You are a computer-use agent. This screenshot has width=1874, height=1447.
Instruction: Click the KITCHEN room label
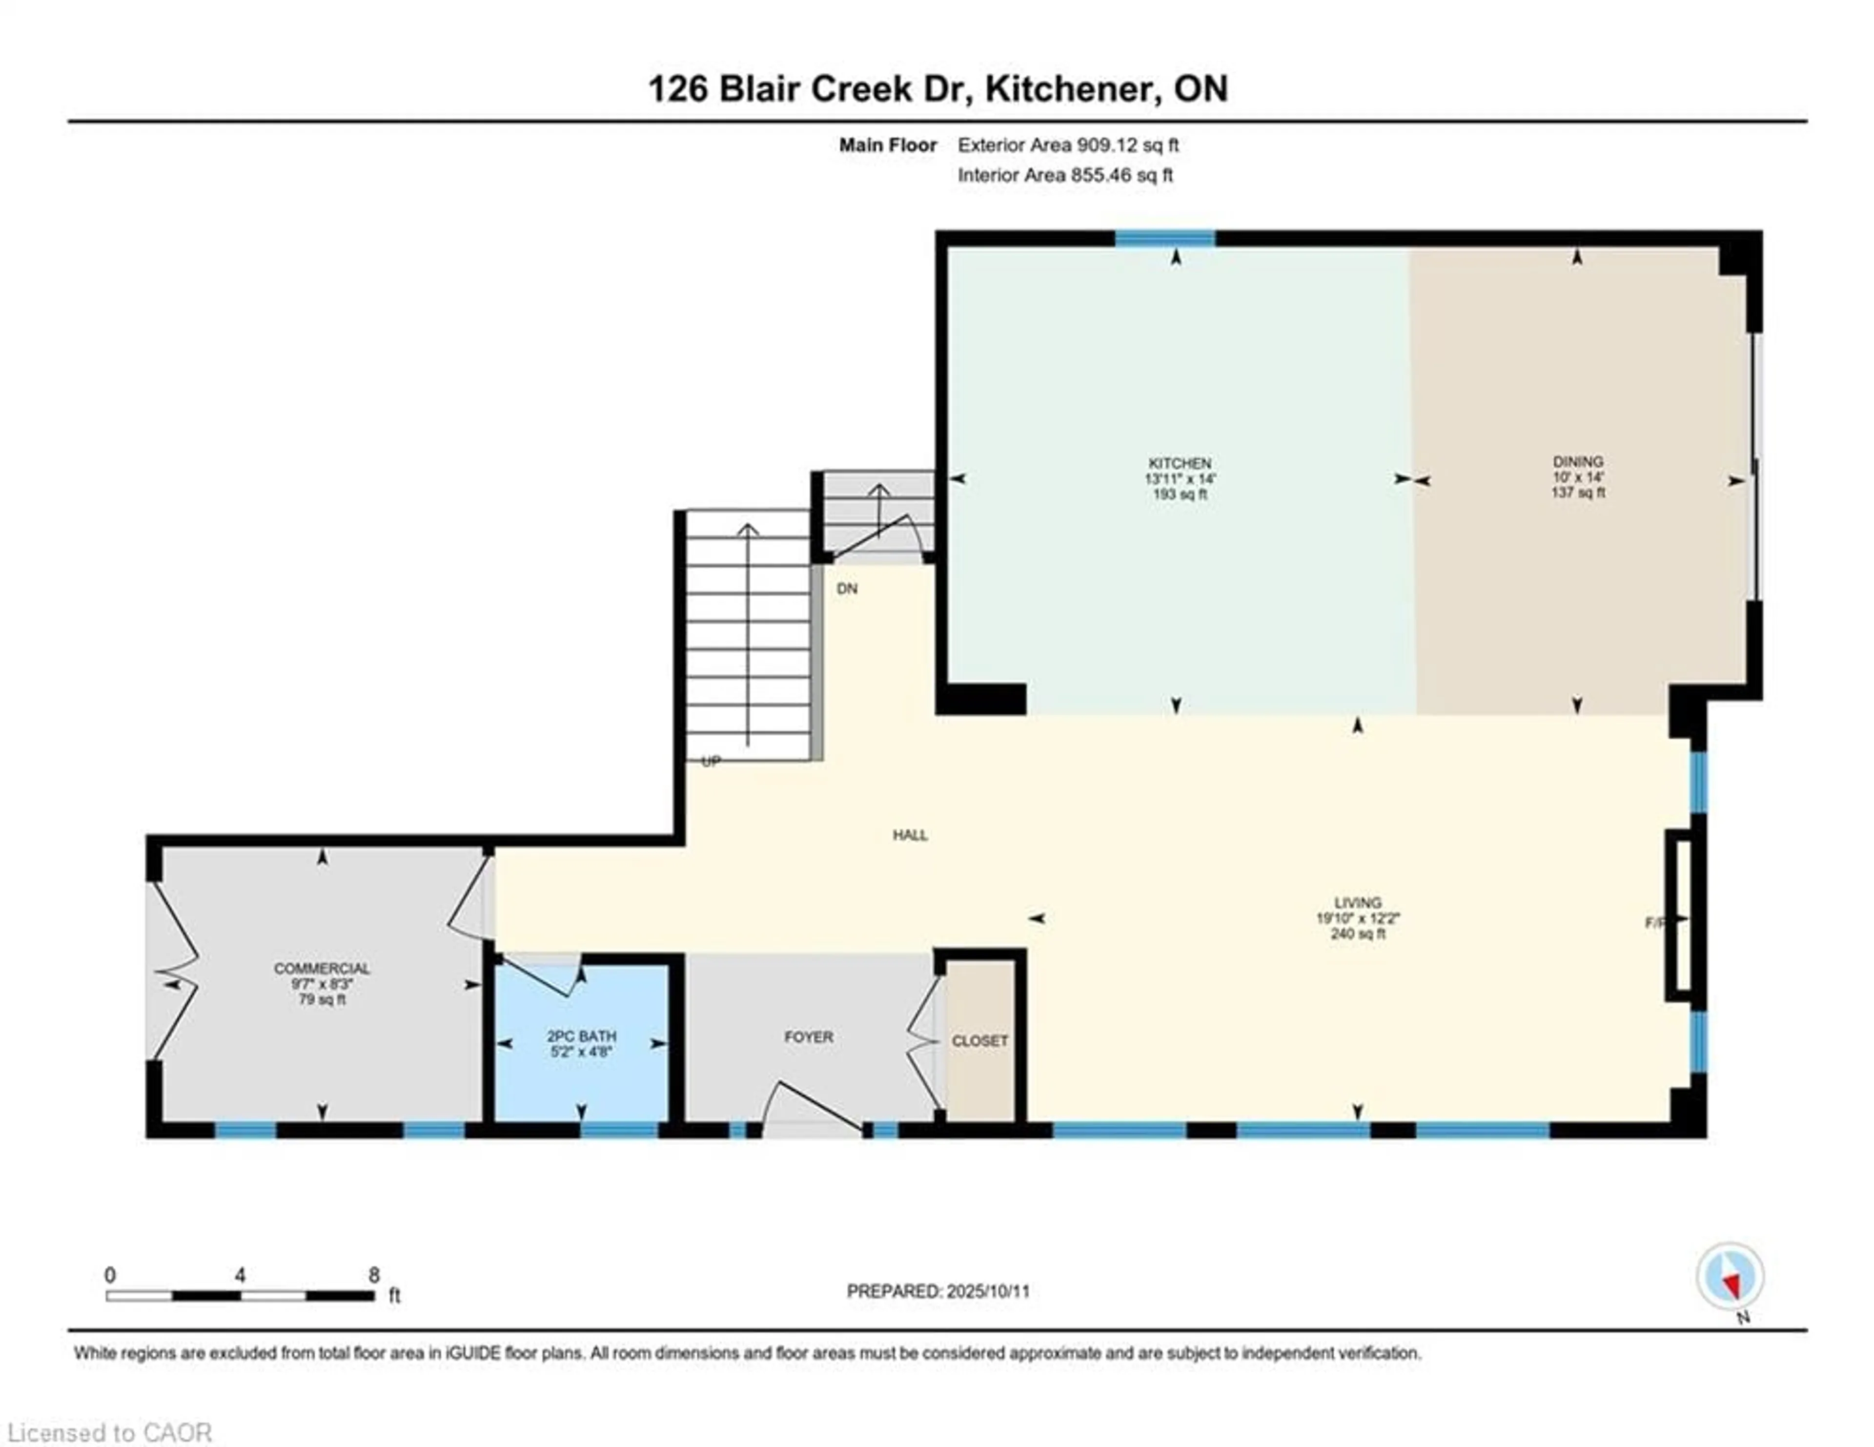pyautogui.click(x=1180, y=463)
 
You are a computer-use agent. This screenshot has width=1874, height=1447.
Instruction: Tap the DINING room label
pyautogui.click(x=1577, y=462)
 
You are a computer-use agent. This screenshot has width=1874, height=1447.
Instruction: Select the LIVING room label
pyautogui.click(x=1358, y=903)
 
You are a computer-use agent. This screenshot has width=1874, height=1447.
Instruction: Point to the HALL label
pyautogui.click(x=910, y=835)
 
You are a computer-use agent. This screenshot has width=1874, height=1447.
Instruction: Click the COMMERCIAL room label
pyautogui.click(x=322, y=968)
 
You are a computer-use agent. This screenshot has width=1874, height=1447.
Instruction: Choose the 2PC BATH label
pyautogui.click(x=582, y=1036)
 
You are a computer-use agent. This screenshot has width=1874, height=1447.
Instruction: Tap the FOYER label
pyautogui.click(x=808, y=1037)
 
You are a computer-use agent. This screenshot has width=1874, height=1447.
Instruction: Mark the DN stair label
pyautogui.click(x=847, y=589)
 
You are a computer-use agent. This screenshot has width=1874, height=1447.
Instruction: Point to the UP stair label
pyautogui.click(x=711, y=761)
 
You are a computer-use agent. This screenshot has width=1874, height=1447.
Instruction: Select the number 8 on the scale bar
pyautogui.click(x=374, y=1275)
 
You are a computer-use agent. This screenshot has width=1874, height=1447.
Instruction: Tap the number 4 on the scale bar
pyautogui.click(x=240, y=1275)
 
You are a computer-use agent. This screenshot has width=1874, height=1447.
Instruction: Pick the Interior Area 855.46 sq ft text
pyautogui.click(x=1065, y=175)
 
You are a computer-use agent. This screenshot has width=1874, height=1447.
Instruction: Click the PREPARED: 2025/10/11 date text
pyautogui.click(x=938, y=1291)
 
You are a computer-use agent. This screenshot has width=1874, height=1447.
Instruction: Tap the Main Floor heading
pyautogui.click(x=887, y=145)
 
